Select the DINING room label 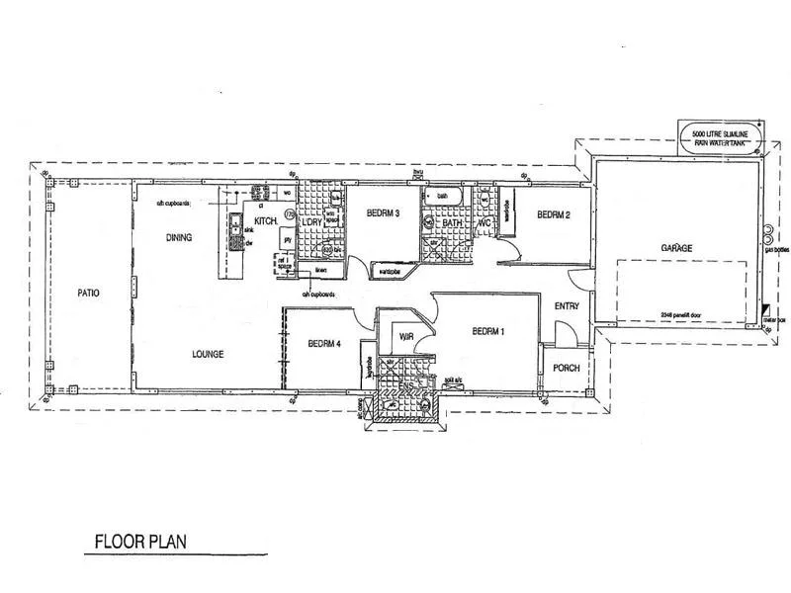(178, 237)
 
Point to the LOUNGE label (208, 354)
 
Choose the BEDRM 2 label (555, 214)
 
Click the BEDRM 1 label (488, 331)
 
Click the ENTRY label (567, 306)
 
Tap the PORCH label (567, 368)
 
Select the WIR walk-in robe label (405, 337)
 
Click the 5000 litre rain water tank (720, 137)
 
